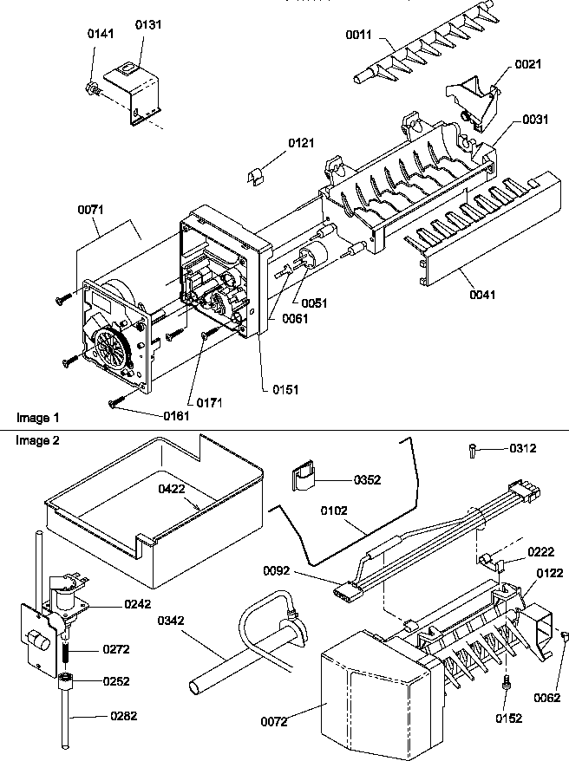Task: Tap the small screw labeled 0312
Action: click(470, 449)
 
